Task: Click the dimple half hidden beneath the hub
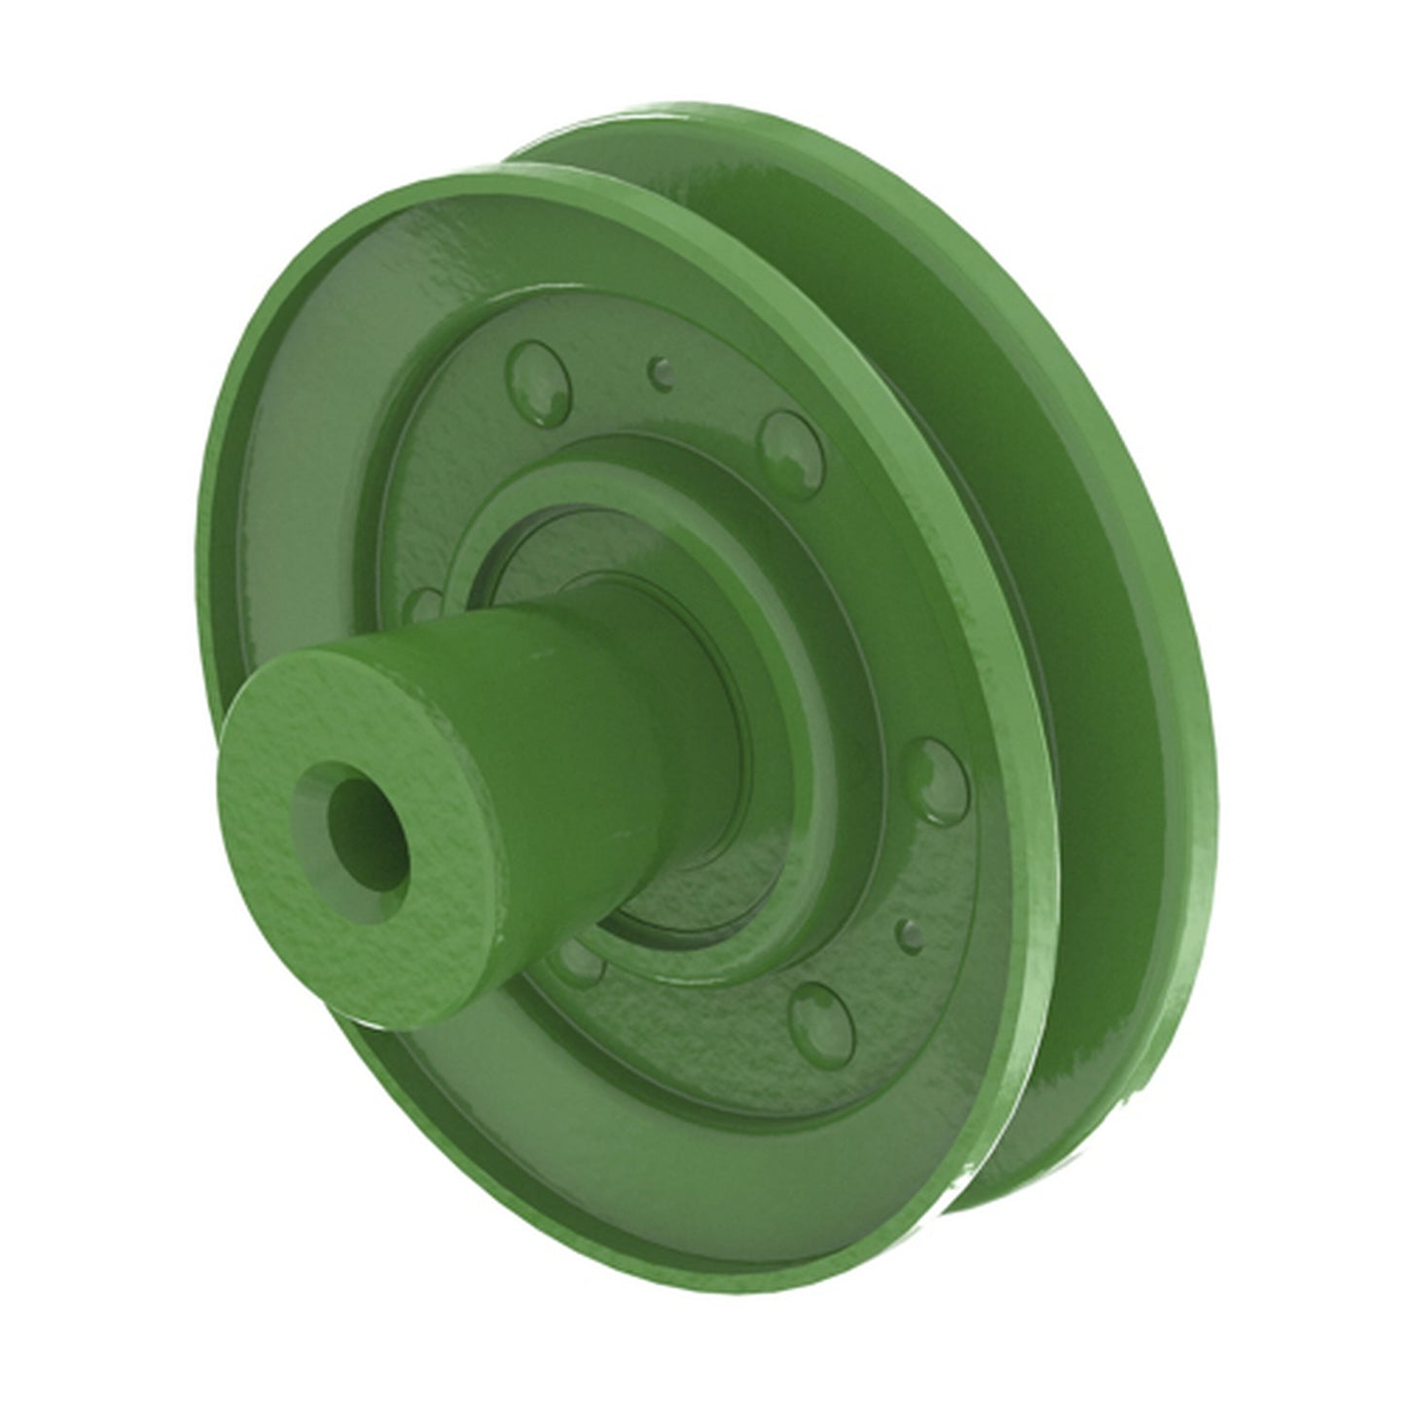[584, 963]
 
